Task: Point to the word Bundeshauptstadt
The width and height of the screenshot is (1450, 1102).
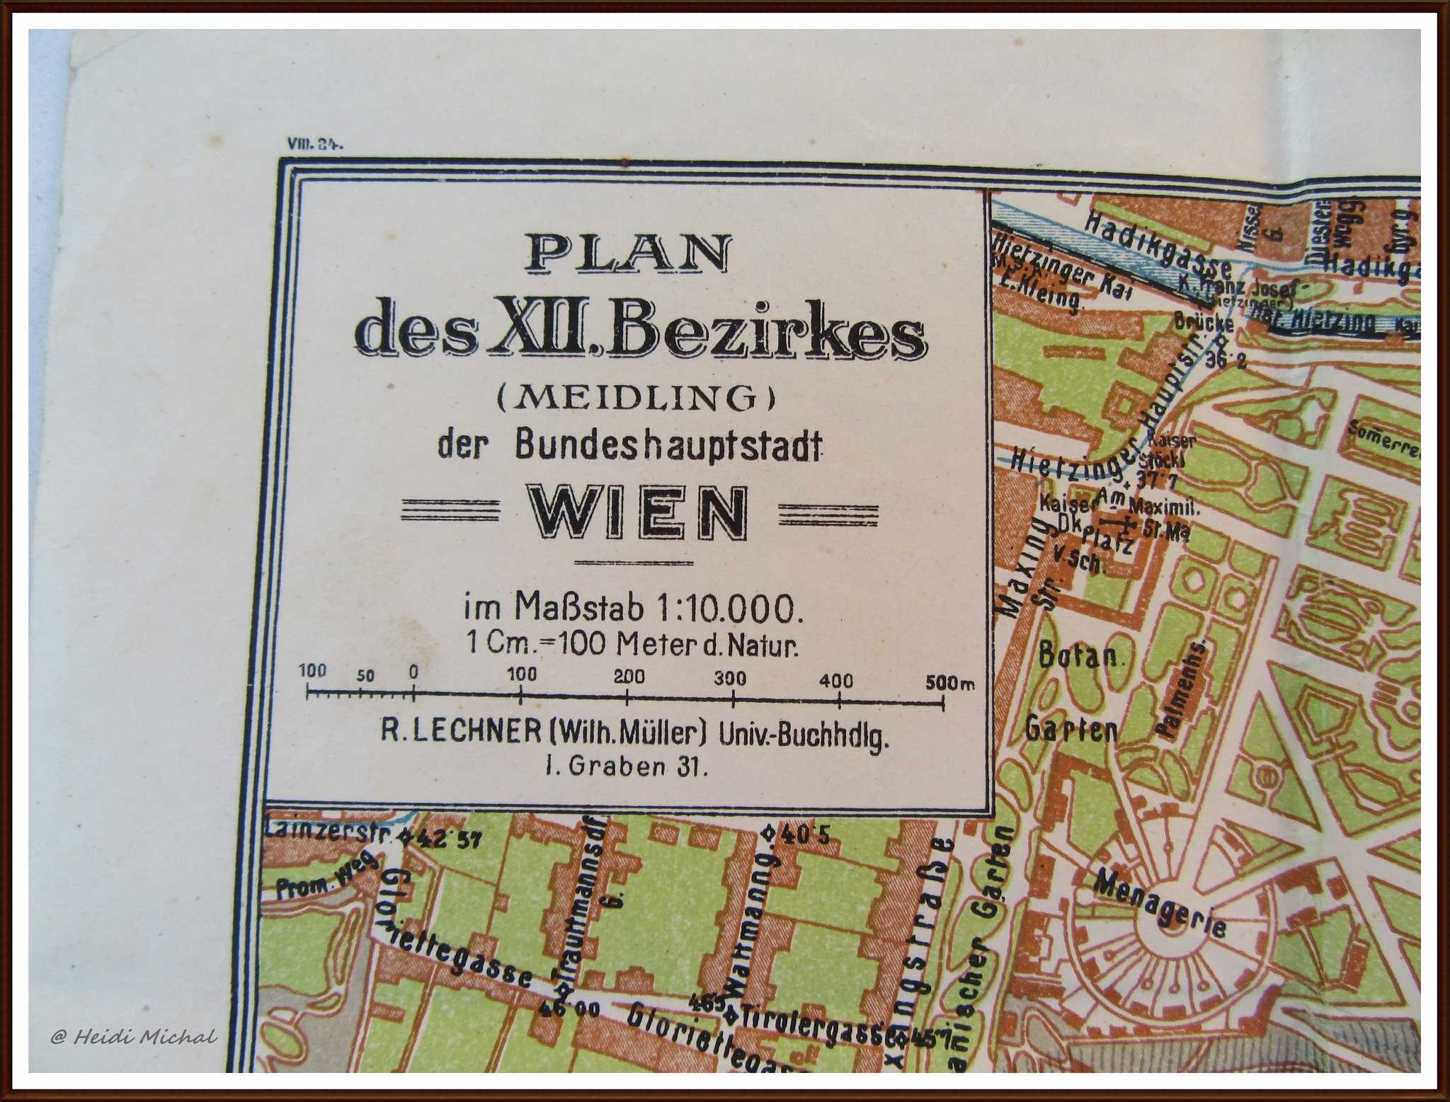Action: tap(668, 446)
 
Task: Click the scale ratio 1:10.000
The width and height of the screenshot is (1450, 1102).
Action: tap(730, 609)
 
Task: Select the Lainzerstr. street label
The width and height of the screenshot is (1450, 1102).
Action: tap(328, 832)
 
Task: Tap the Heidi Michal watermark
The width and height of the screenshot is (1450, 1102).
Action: tap(134, 1038)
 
